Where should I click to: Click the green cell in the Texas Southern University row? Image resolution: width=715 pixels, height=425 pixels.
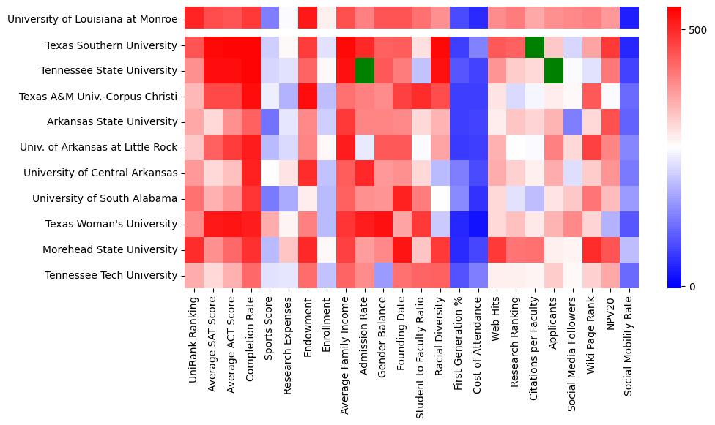[534, 45]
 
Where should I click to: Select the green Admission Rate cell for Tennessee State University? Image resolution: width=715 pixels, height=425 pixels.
[363, 71]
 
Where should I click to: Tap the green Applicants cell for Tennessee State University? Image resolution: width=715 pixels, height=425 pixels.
[553, 71]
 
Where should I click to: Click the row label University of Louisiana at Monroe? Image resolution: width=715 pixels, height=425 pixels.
[92, 19]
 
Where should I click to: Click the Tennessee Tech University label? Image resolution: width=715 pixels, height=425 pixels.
[111, 275]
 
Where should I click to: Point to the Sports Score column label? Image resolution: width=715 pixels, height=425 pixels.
[269, 330]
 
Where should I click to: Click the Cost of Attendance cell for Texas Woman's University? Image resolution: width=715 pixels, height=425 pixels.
[478, 224]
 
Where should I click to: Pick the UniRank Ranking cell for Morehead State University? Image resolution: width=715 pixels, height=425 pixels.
[193, 249]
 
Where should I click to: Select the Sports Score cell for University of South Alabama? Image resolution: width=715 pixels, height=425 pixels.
[269, 198]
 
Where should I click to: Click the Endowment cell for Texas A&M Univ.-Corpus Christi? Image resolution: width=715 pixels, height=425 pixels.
[307, 97]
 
